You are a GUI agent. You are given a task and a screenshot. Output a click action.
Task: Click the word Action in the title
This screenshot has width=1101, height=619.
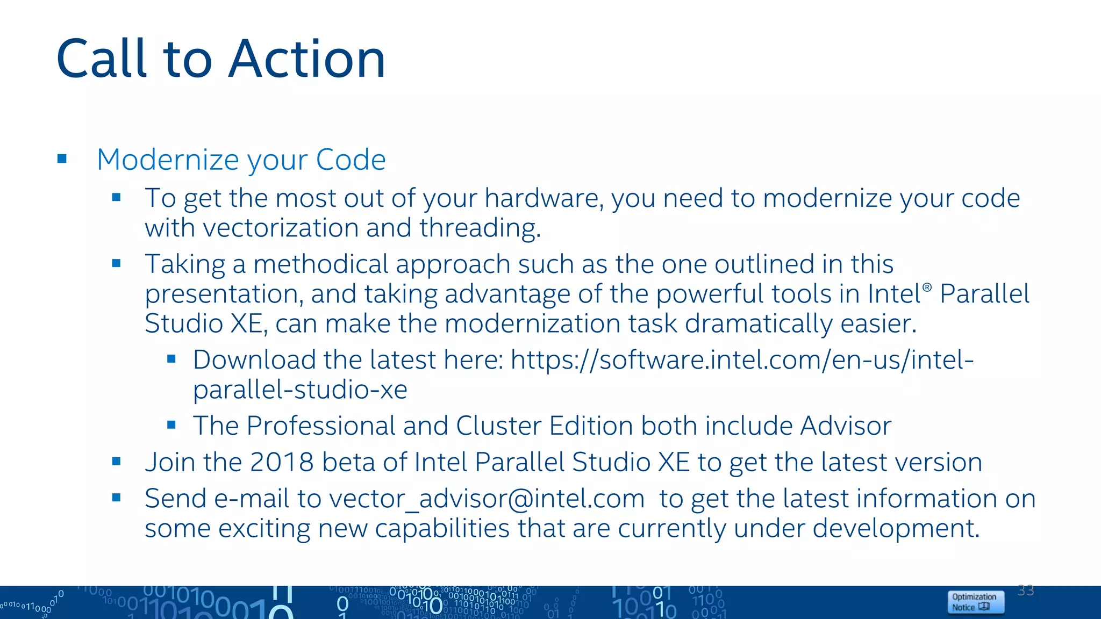pyautogui.click(x=307, y=59)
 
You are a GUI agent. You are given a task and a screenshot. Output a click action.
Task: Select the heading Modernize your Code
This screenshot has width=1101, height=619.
pyautogui.click(x=241, y=160)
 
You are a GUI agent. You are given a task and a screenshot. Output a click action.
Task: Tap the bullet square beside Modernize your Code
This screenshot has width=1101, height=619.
pyautogui.click(x=62, y=159)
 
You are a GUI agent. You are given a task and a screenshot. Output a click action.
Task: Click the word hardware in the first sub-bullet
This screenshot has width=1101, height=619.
pyautogui.click(x=543, y=198)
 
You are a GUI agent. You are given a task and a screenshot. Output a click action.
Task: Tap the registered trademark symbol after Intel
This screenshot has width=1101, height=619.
pyautogui.click(x=927, y=287)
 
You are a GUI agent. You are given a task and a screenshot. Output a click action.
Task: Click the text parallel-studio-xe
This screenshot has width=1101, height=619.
pyautogui.click(x=300, y=390)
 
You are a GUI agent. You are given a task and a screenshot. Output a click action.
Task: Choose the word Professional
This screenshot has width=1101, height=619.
pyautogui.click(x=320, y=426)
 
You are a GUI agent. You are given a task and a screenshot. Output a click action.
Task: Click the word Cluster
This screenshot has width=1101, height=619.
pyautogui.click(x=498, y=426)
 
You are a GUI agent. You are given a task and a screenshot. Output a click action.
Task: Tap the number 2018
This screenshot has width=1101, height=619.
pyautogui.click(x=281, y=462)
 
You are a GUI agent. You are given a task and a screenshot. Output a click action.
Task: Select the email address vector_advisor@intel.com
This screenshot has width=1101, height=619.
pyautogui.click(x=487, y=499)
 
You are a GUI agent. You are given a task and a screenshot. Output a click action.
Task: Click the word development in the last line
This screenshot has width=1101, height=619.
pyautogui.click(x=895, y=528)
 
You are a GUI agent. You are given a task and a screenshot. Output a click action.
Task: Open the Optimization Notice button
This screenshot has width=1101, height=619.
pyautogui.click(x=975, y=602)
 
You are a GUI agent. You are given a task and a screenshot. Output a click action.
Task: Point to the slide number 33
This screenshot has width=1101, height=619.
pyautogui.click(x=1026, y=591)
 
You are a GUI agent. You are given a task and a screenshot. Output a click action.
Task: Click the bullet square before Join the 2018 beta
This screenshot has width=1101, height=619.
pyautogui.click(x=116, y=461)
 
